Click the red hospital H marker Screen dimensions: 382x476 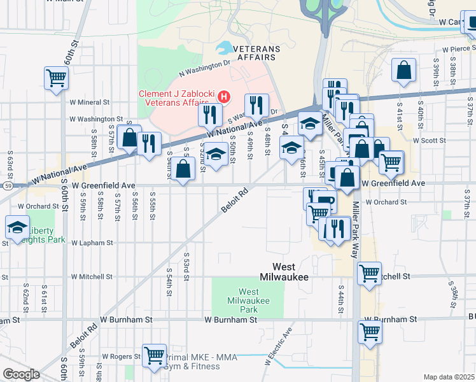[x=224, y=97]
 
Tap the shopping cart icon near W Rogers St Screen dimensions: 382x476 [x=154, y=356]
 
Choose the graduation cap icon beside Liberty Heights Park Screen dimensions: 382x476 [x=17, y=227]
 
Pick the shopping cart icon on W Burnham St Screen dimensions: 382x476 [x=370, y=330]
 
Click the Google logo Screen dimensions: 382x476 [x=21, y=374]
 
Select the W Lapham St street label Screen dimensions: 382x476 [x=92, y=243]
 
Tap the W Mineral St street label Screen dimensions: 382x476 [x=90, y=101]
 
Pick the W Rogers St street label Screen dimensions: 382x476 [x=121, y=356]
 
